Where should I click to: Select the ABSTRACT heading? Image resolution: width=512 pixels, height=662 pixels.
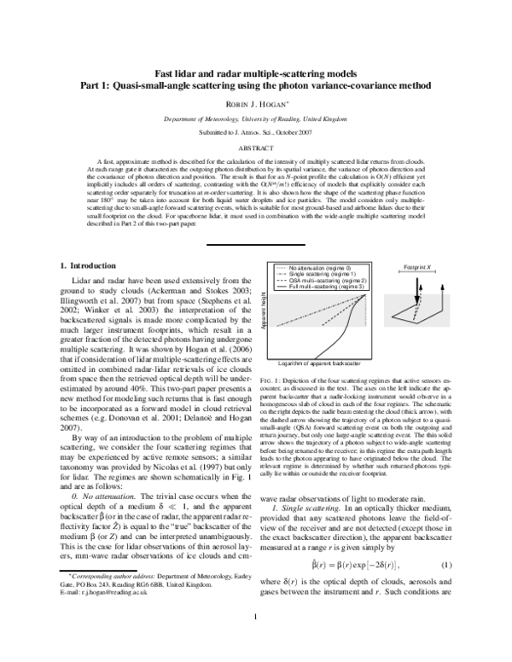255,147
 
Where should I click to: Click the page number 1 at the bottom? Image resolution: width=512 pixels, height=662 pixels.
255,642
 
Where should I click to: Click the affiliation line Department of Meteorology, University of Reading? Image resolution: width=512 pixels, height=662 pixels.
255,120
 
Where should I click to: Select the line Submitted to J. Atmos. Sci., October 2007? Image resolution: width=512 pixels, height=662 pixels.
255,134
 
